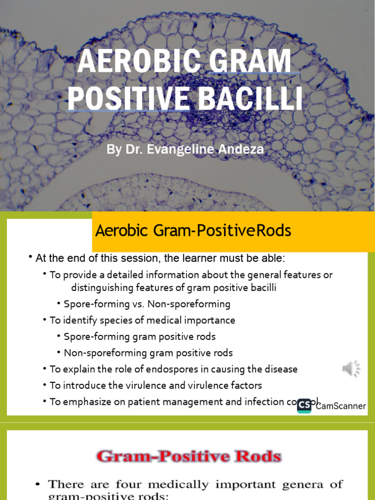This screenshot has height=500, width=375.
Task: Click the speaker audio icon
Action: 351,369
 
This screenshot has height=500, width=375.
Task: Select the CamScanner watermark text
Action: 341,406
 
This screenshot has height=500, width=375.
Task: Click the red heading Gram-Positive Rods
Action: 188,457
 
